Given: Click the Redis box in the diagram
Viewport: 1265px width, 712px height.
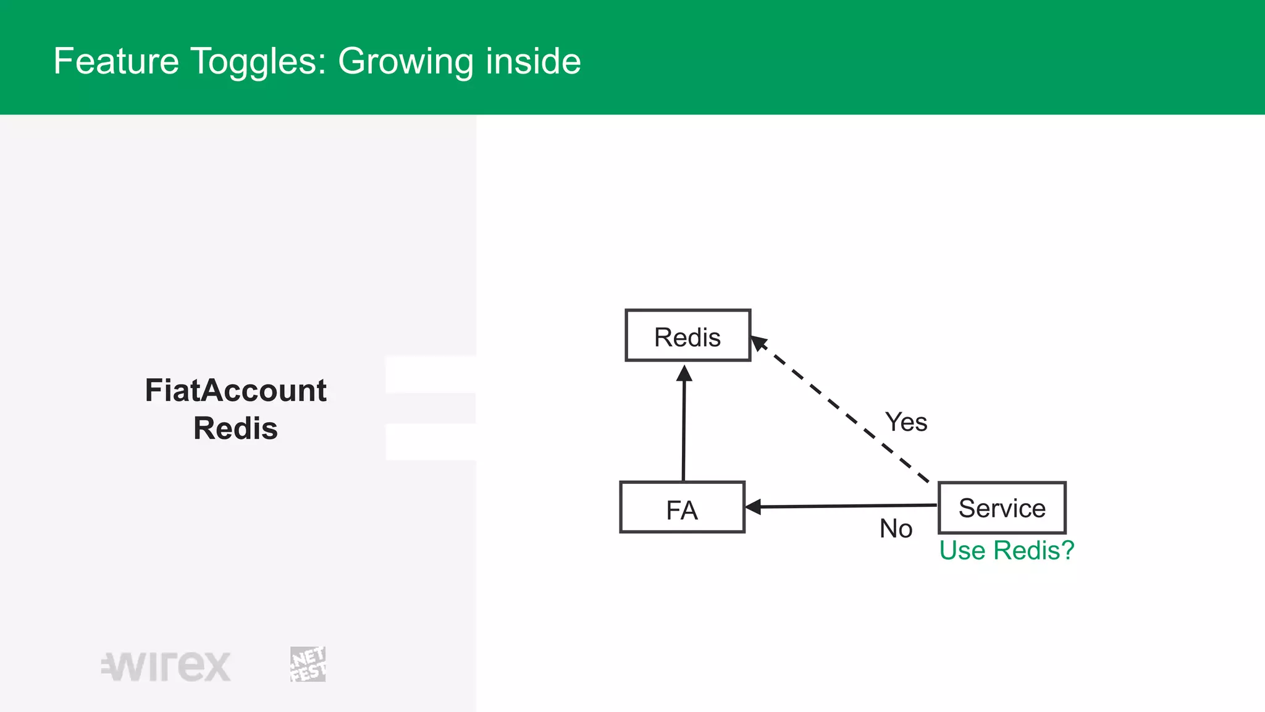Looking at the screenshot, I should (687, 336).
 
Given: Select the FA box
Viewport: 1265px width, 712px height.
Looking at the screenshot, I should (682, 507).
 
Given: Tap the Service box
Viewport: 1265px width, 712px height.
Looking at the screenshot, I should (1002, 508).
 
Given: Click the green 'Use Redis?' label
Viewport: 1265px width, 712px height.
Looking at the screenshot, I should (1006, 551).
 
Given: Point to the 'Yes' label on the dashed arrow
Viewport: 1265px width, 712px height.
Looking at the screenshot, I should (906, 423).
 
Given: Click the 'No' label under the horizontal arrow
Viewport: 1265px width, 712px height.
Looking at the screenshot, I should (896, 529).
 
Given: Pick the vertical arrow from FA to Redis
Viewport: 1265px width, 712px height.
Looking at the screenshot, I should (684, 426).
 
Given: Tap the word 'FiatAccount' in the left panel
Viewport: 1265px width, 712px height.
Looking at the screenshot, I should (235, 391).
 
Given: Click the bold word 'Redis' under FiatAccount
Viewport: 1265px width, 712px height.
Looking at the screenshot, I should (235, 428).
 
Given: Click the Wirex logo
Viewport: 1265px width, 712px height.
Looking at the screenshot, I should (166, 666).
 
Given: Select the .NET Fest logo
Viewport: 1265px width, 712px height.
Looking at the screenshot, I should (308, 664).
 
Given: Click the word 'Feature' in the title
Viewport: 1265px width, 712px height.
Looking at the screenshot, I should (116, 61).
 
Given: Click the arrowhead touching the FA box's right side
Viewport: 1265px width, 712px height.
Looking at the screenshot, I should (753, 507).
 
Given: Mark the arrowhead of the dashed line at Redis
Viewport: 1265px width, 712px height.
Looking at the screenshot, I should (759, 342).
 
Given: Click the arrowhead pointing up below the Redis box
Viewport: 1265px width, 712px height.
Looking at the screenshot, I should (684, 373).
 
